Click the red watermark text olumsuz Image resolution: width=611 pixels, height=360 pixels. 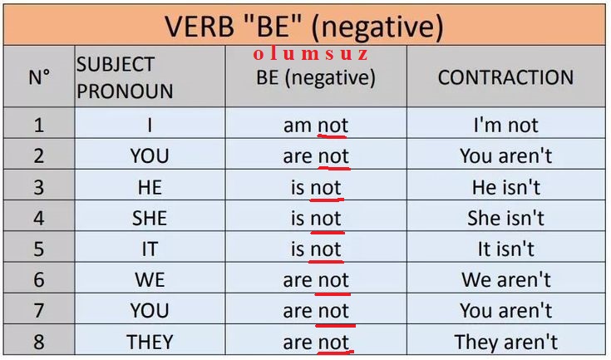pos(310,54)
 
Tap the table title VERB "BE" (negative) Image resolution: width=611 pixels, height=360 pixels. pos(304,27)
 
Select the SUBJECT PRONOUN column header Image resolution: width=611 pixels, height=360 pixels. pos(125,77)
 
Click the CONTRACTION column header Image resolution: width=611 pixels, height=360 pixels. pos(505,77)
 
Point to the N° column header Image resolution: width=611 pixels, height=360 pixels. pos(39,77)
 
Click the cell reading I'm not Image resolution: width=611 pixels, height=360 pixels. pos(505,125)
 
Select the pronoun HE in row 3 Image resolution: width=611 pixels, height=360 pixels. pos(150,187)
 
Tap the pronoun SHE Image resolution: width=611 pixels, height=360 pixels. pos(150,218)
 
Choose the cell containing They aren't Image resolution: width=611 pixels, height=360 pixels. pos(505,342)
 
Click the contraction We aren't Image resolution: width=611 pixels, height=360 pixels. pos(505,279)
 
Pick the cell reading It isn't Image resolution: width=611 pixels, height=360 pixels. pos(505,249)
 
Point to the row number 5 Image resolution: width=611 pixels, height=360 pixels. pos(39,249)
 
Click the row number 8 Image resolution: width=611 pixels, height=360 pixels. pos(39,342)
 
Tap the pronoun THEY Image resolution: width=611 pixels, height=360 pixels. pos(150,342)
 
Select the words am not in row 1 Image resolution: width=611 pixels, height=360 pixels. pos(316,126)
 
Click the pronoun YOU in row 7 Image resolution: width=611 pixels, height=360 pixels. pos(150,311)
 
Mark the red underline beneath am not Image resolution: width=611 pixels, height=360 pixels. pos(332,136)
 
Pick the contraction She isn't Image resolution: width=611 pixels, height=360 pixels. pos(505,218)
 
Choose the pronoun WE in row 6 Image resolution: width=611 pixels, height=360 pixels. pos(150,279)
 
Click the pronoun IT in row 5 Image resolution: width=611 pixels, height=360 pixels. pos(150,249)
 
